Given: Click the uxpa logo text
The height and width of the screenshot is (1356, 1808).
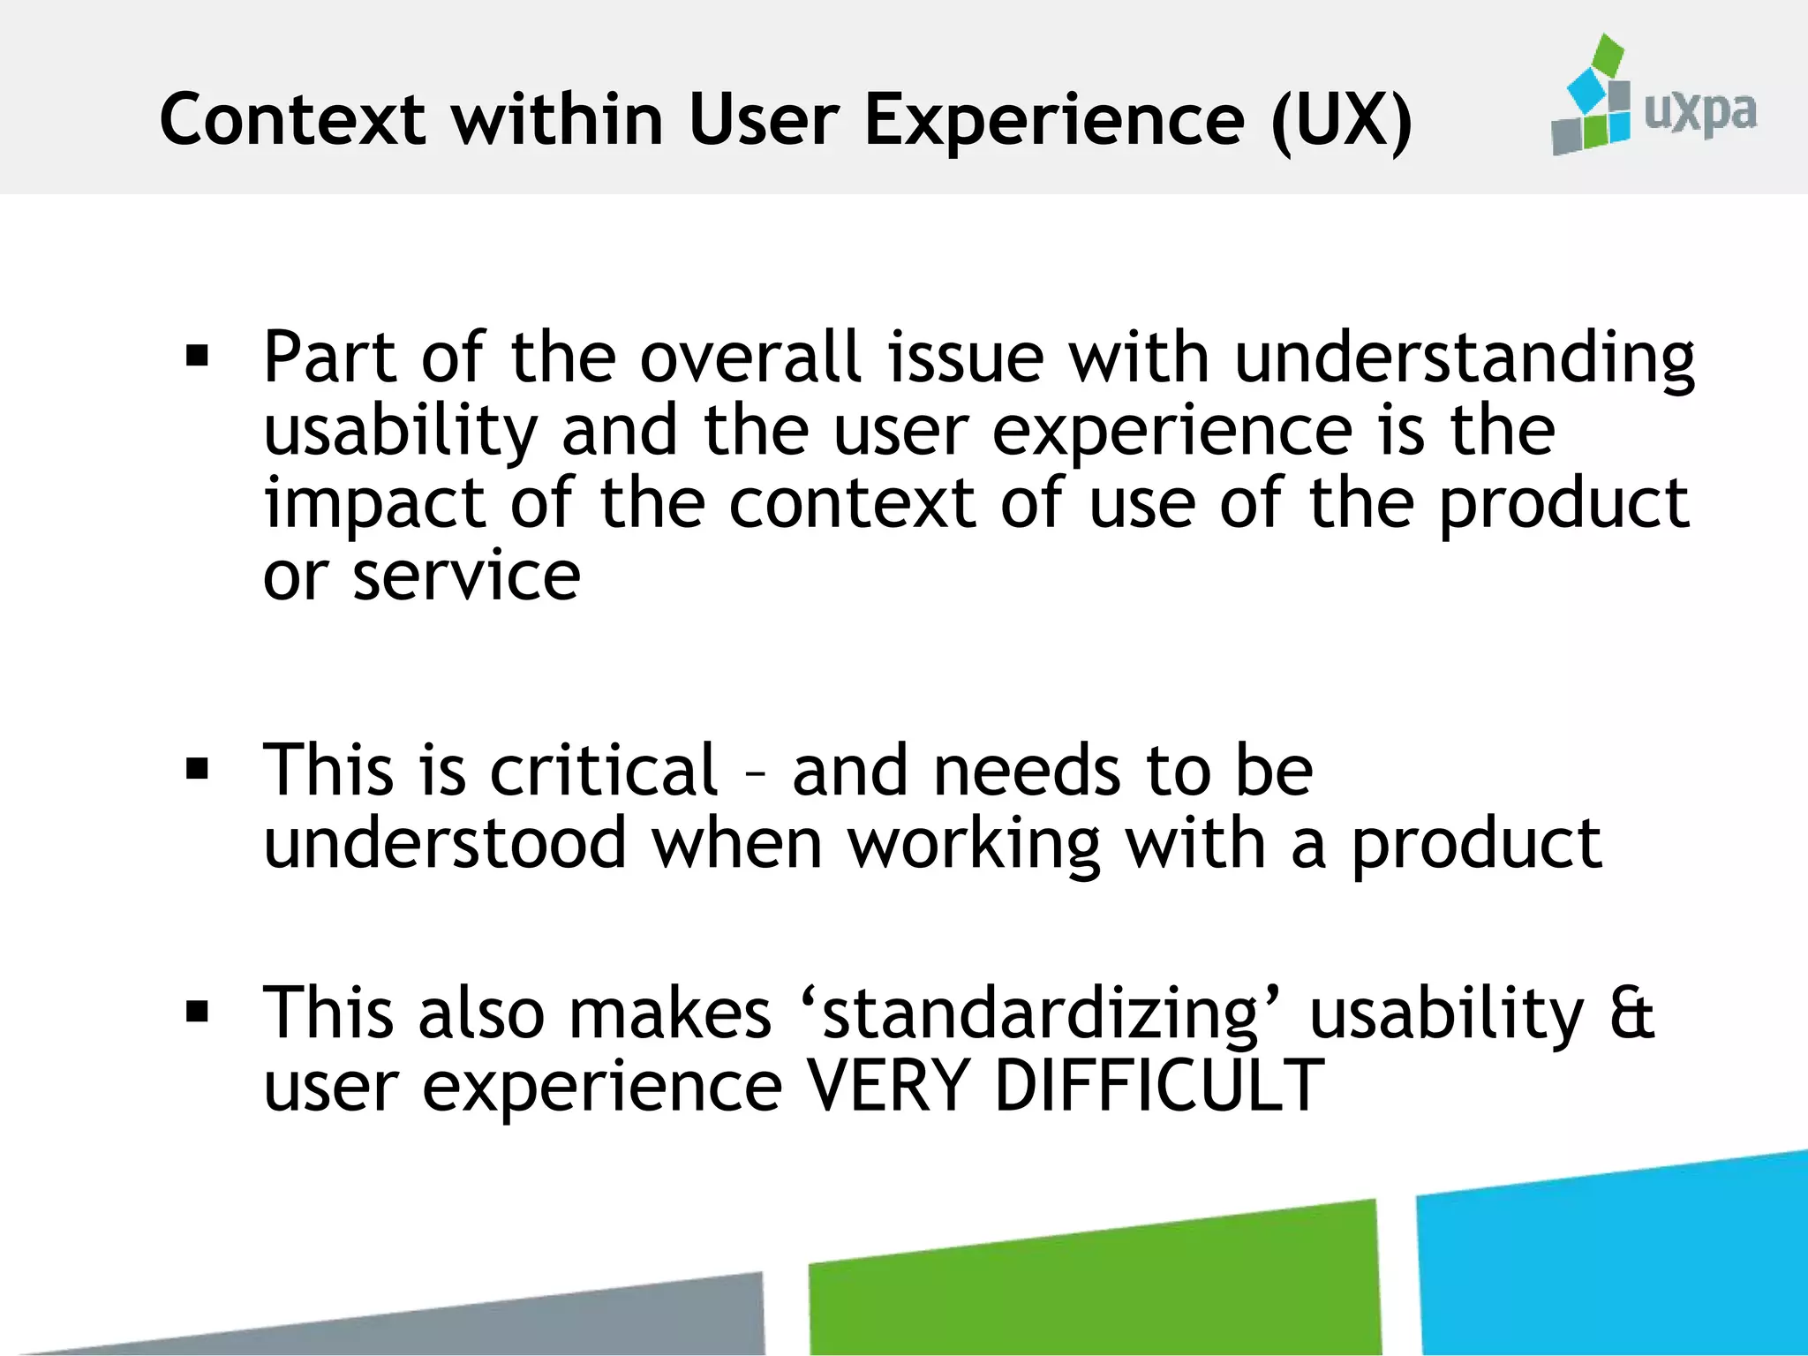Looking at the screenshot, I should coord(1699,113).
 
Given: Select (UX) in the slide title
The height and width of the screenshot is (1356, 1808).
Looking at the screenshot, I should coord(1342,121).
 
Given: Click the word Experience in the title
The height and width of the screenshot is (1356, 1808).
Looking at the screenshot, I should coord(1054,121).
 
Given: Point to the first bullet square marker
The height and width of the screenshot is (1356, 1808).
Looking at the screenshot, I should coord(197,356).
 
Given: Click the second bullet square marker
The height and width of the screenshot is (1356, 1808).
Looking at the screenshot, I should coord(197,769).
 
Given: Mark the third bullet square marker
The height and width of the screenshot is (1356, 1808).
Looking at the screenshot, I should coord(197,1011).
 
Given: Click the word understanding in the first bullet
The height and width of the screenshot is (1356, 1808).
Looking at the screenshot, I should coord(1464,360).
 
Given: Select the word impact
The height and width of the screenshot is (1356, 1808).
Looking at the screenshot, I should coord(374,505).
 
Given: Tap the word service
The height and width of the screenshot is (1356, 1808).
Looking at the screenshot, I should coord(466,576).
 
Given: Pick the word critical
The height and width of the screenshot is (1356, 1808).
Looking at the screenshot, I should coord(604,770).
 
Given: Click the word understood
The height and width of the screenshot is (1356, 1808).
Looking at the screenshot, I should coord(445,843).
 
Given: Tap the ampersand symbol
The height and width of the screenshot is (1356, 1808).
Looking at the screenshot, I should coord(1631,1013).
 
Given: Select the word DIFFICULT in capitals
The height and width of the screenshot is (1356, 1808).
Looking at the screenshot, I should coord(1158,1085).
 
